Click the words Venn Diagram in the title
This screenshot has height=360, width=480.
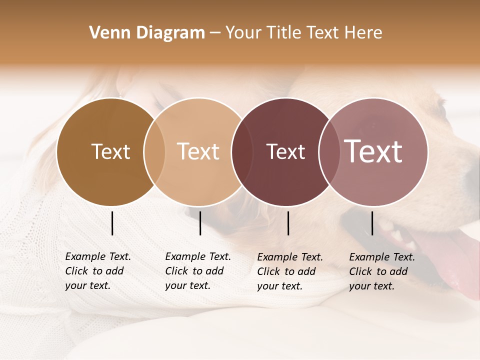[147, 33]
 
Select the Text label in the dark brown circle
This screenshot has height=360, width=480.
[110, 151]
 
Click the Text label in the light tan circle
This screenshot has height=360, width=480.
[198, 151]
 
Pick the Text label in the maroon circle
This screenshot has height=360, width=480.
[285, 151]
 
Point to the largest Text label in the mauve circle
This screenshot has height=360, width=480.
[373, 151]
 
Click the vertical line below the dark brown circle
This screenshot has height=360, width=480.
[112, 223]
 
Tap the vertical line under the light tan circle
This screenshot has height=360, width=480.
[200, 223]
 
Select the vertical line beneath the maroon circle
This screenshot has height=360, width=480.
[288, 223]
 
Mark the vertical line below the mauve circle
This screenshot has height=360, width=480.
[372, 223]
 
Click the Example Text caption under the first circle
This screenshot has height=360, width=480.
[98, 256]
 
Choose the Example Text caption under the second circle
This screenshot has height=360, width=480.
[198, 256]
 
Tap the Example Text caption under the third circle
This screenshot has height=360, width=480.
[290, 257]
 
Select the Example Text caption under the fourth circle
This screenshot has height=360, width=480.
[382, 257]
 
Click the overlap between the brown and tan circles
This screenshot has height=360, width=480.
[154, 151]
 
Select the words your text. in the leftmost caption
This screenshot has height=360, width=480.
[87, 286]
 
